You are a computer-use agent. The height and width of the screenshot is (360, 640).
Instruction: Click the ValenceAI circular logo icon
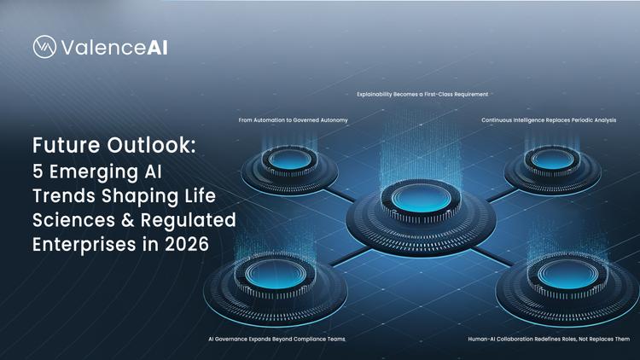(44, 48)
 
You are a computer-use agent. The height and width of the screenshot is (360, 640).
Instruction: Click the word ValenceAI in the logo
(113, 48)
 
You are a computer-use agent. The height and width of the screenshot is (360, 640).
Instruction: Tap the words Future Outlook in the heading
(114, 145)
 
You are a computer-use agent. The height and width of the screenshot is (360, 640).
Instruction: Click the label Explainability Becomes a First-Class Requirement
(422, 94)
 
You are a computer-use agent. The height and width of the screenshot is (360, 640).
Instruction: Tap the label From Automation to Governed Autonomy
(293, 120)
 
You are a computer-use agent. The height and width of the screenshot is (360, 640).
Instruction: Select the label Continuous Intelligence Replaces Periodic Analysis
(548, 120)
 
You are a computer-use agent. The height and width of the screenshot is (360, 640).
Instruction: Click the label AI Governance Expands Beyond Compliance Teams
(276, 339)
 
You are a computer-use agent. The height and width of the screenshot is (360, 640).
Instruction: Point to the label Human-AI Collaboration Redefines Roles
(548, 339)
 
